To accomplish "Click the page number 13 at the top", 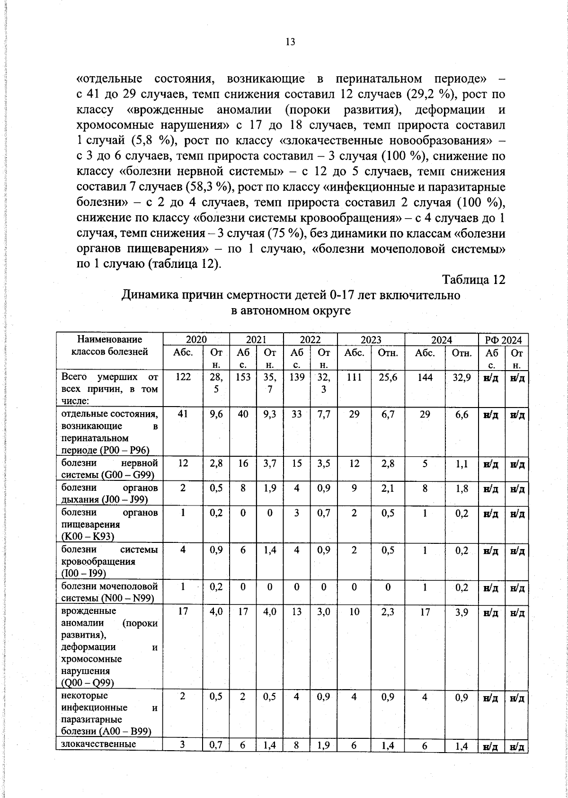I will (290, 42).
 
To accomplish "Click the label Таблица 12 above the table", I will (474, 280).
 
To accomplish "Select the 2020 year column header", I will (196, 340).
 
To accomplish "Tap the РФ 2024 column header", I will (503, 340).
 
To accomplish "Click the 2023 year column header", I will (371, 340).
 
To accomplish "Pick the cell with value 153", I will (243, 377).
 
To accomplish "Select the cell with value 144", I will (425, 377).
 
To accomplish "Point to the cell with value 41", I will (183, 414).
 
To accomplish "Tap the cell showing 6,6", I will (462, 414).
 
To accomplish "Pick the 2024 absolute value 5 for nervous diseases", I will (425, 464).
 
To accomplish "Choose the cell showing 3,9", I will (462, 612).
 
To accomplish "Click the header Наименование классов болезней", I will (109, 346).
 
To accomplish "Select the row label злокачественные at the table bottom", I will (99, 744).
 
